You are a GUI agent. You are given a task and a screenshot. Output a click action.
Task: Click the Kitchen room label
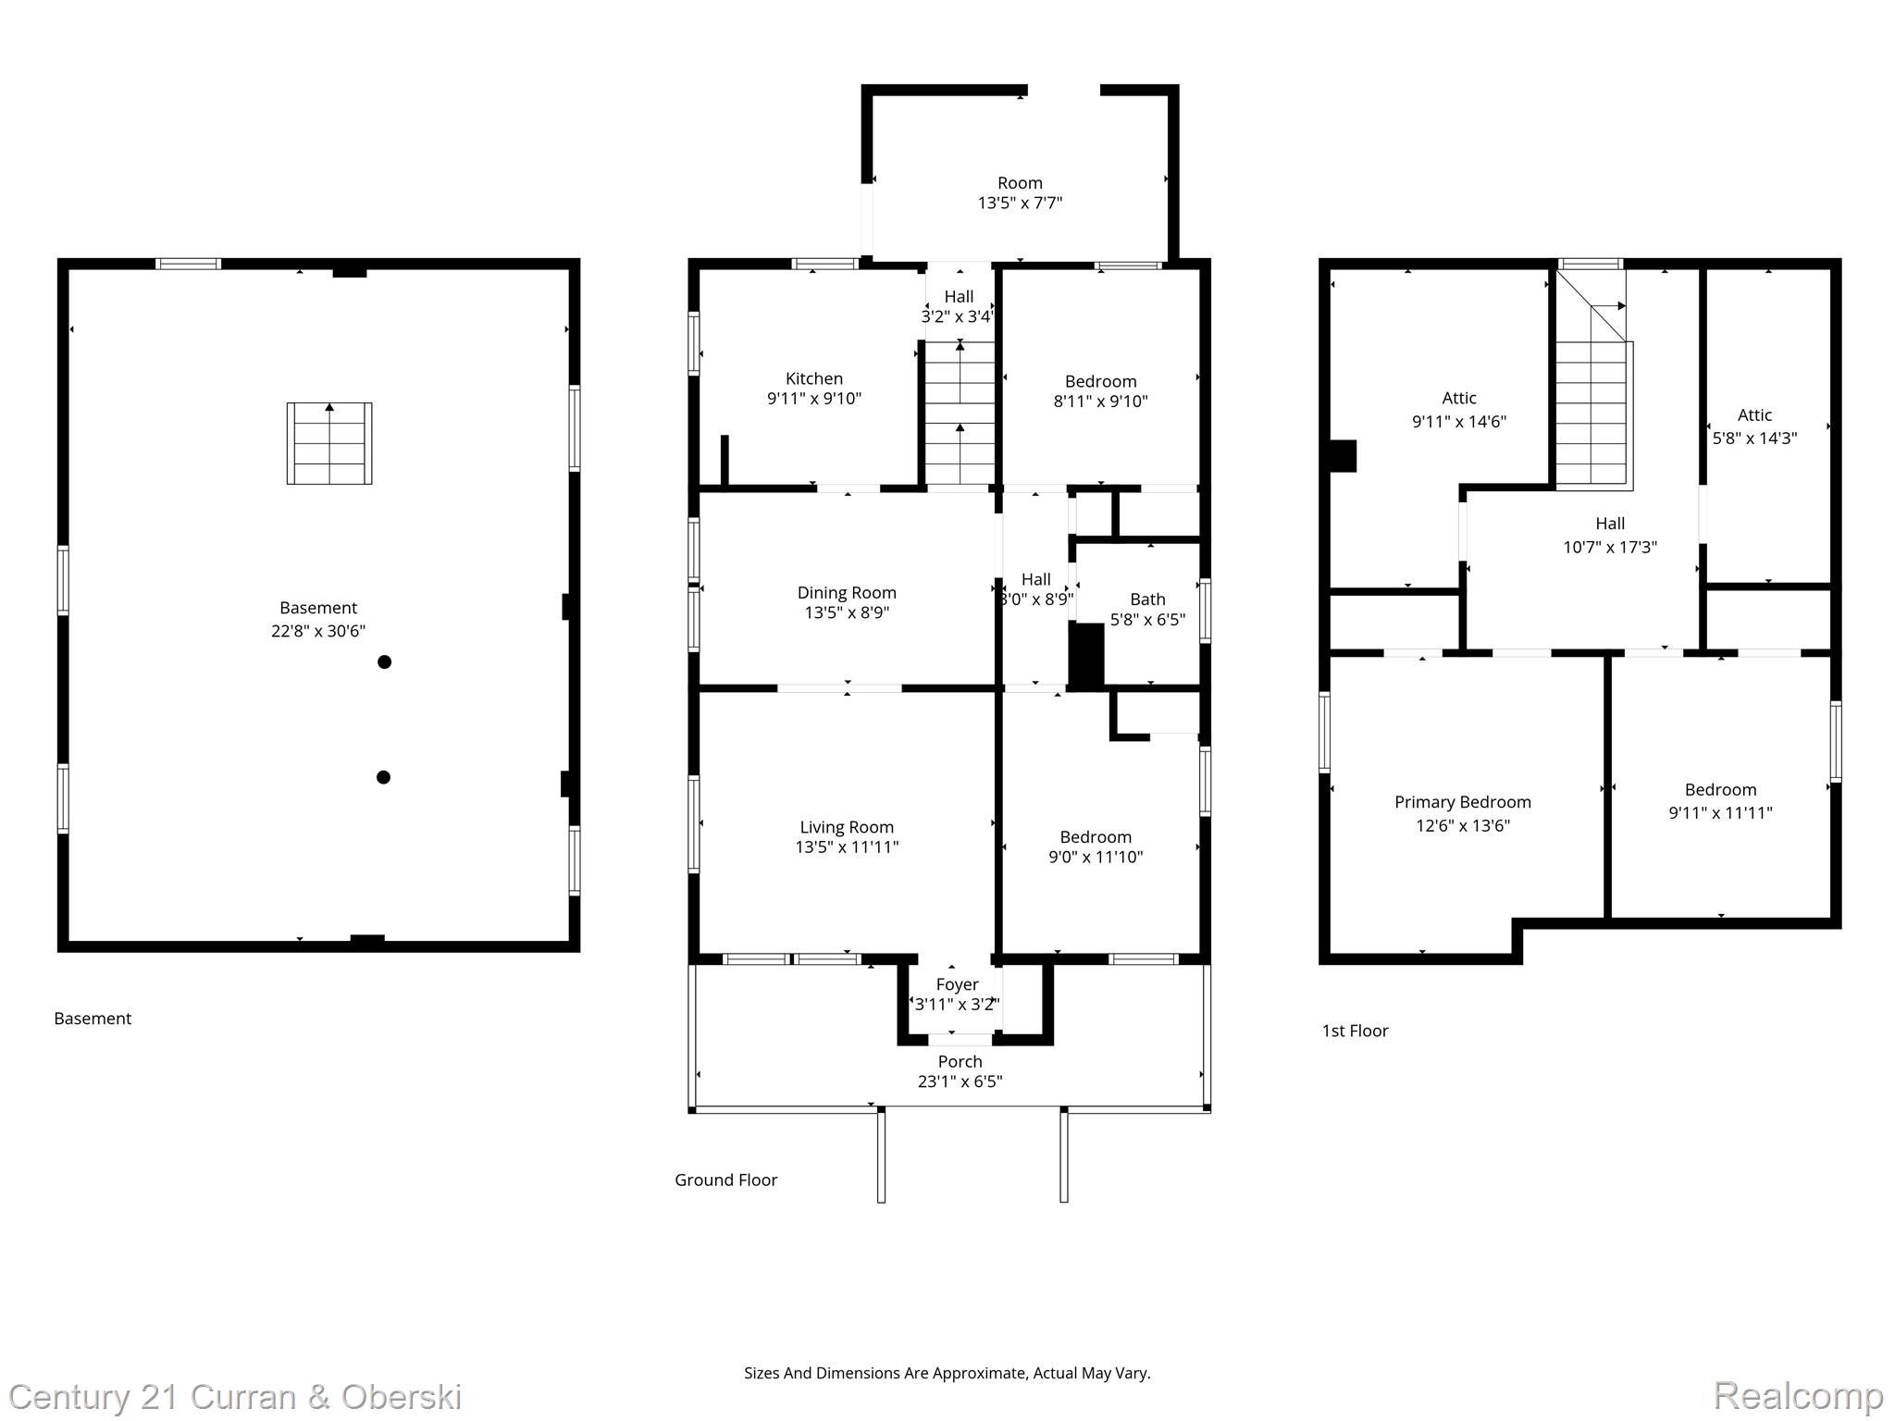[x=813, y=378]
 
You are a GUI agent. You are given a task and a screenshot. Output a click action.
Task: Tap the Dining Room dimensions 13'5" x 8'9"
[x=847, y=612]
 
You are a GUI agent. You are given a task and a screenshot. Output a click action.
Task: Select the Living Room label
[x=847, y=827]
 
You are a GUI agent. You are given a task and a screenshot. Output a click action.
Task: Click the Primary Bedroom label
[x=1462, y=802]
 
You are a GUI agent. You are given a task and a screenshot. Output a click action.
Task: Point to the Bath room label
[x=1147, y=599]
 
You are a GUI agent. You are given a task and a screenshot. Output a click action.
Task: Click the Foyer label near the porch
[x=957, y=984]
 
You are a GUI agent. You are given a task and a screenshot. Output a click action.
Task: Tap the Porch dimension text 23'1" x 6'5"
[x=960, y=1081]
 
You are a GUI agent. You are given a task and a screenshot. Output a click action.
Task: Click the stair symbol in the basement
[x=329, y=443]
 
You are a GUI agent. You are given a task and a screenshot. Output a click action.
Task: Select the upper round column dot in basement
[x=385, y=661]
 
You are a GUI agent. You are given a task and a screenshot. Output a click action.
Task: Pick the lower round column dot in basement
[x=384, y=777]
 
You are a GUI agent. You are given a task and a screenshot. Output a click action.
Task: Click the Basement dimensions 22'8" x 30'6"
[x=318, y=631]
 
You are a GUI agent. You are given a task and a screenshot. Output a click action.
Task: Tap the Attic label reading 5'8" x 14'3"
[x=1754, y=426]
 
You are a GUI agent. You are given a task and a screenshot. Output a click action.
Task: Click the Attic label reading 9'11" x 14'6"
[x=1459, y=410]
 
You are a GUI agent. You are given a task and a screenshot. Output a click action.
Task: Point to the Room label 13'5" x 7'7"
[x=1020, y=193]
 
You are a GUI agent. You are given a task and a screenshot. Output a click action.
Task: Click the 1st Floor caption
[x=1355, y=1031]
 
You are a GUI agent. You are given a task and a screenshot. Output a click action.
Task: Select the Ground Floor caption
[x=725, y=1180]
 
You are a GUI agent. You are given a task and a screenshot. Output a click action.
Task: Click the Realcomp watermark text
[x=1798, y=1395]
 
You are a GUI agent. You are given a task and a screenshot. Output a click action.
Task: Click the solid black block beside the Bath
[x=1087, y=655]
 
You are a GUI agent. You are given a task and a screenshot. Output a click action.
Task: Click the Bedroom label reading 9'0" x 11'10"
[x=1096, y=846]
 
